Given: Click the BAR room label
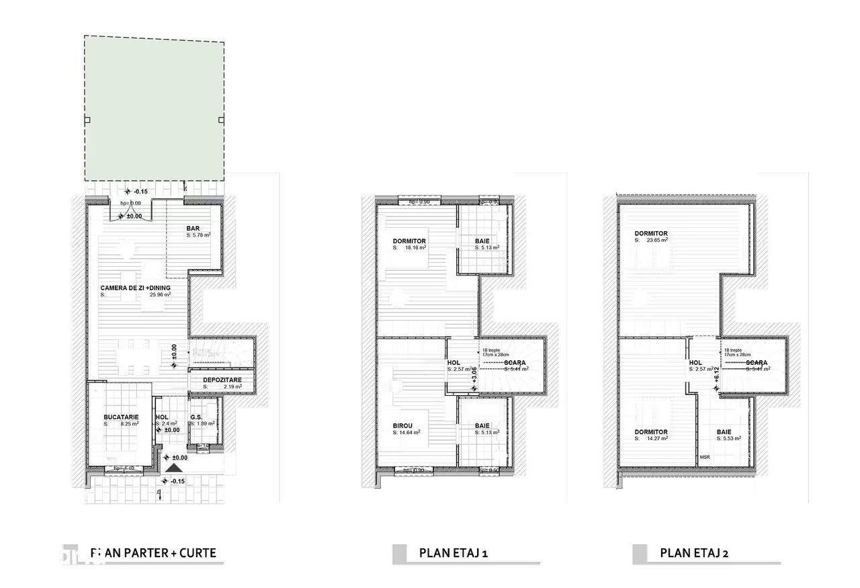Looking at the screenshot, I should pos(193,228).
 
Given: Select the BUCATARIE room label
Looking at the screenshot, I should pos(121,417).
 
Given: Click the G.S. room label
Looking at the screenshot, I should pos(196,417).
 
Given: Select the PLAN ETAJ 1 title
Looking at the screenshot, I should pos(454,553).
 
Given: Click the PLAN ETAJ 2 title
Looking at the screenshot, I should pos(695,553).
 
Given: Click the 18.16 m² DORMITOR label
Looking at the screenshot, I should pos(409,241).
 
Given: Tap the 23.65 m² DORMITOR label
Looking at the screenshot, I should pos(651,234).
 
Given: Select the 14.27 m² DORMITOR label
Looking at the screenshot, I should pos(651,432).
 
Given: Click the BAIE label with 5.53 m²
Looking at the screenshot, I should pos(724,432).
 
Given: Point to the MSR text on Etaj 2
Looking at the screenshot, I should pos(704,458).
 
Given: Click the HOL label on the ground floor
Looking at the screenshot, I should pos(162,417).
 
